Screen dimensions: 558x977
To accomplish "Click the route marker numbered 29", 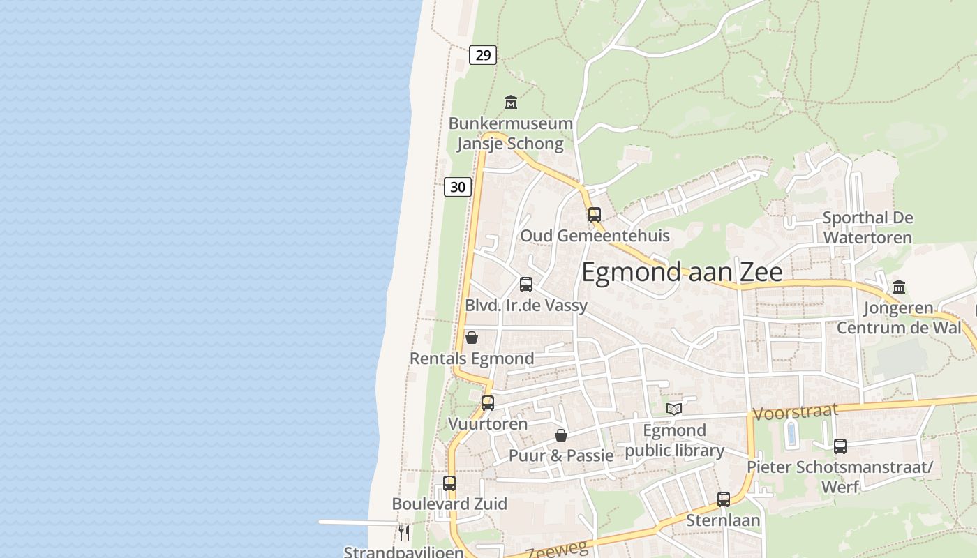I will pos(483,54).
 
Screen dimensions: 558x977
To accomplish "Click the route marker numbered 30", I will pos(458,187).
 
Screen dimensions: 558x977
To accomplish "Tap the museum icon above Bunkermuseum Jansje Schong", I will pos(511,103).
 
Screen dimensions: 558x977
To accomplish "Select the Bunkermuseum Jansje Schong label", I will pos(510,134).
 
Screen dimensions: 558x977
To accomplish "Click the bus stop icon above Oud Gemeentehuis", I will pos(595,215).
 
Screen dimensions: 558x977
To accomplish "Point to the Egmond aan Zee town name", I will pos(682,272).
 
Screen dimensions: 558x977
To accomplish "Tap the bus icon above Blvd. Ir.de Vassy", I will pos(526,285).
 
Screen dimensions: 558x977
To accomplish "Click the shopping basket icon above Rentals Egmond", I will pos(472,338).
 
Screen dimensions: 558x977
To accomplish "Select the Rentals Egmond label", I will pos(472,359).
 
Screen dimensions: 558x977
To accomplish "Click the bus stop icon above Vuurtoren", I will pos(488,403).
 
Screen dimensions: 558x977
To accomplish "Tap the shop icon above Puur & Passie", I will pos(561,435).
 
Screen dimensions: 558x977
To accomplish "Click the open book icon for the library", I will pos(673,409).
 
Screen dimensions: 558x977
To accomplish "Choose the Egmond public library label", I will pos(674,440).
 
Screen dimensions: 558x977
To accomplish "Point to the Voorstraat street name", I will pos(796,412).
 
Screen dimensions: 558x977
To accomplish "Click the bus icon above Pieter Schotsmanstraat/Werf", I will pos(840,446).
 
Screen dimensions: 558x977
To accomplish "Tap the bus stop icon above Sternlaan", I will pos(724,499).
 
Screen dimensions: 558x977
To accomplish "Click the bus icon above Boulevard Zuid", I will pos(449,483).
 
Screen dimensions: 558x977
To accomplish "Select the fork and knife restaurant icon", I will pos(404,533).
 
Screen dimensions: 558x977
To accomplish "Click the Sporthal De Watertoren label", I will pos(867,227).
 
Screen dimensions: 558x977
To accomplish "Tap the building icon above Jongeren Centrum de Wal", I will pos(899,287).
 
